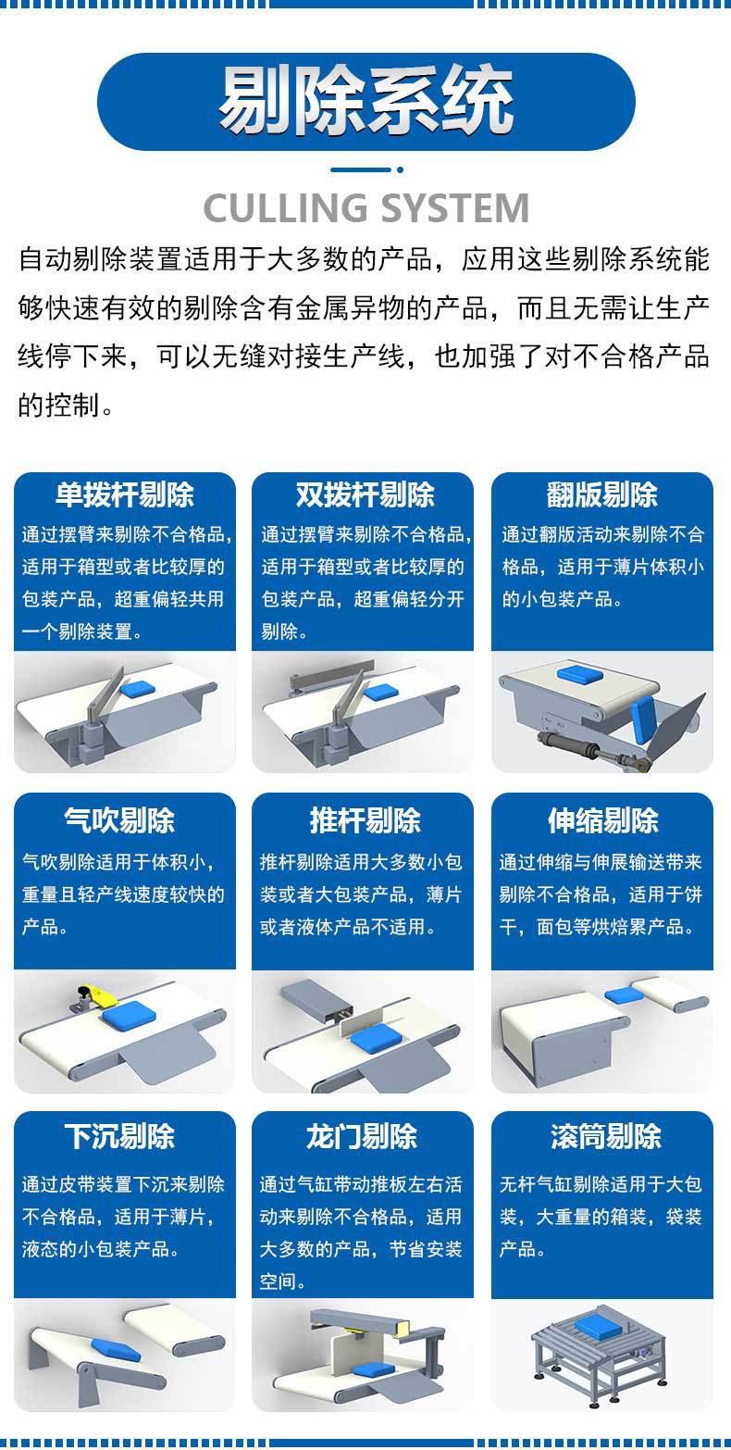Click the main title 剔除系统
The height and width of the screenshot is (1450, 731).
(x=365, y=101)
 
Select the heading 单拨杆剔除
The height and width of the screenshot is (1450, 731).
(x=124, y=494)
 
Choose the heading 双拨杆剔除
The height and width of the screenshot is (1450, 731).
(x=365, y=494)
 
